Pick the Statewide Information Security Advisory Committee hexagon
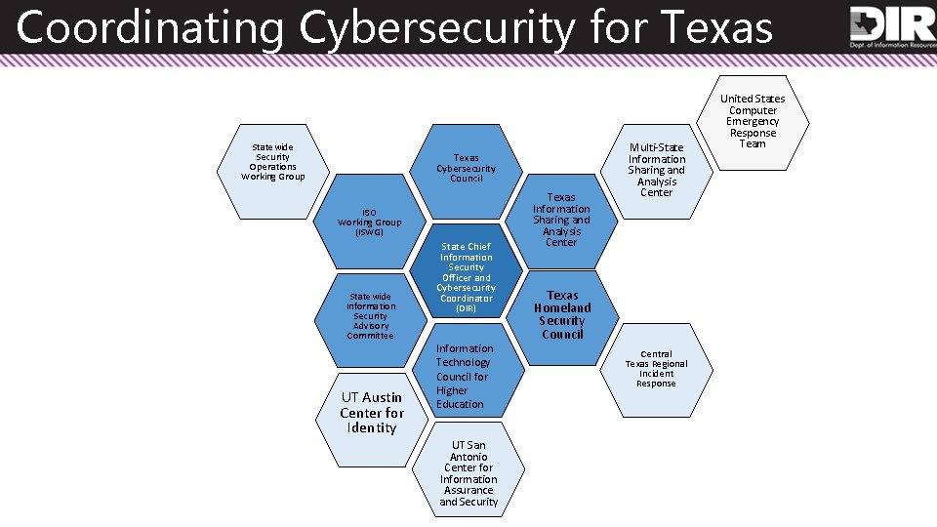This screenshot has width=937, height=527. [371, 315]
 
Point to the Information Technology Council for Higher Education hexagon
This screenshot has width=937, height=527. [467, 377]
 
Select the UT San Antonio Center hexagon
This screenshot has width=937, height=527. [468, 473]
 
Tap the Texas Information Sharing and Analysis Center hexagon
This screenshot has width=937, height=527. [561, 221]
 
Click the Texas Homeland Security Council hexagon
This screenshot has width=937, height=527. [562, 314]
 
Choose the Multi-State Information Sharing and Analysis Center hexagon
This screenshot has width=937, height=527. [657, 170]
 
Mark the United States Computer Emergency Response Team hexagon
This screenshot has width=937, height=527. [753, 121]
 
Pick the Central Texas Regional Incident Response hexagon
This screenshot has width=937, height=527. [656, 369]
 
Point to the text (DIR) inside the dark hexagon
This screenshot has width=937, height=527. [467, 308]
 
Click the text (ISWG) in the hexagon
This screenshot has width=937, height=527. [370, 232]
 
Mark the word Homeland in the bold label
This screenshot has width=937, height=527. [562, 307]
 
